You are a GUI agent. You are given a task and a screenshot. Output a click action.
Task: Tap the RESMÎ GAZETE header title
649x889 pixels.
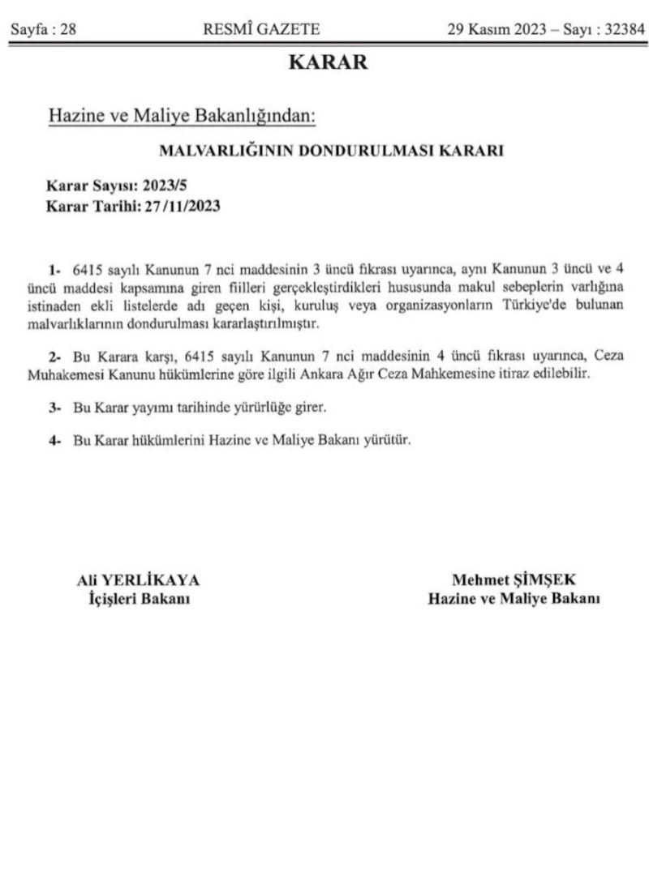[x=261, y=30]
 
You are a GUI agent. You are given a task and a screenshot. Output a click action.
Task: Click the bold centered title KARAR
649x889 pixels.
[x=328, y=62]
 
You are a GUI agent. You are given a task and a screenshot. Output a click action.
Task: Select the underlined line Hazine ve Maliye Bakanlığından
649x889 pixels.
[x=182, y=116]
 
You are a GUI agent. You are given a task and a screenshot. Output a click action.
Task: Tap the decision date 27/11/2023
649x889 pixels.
[x=183, y=205]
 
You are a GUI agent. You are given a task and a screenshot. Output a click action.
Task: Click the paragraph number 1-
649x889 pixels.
[x=54, y=267]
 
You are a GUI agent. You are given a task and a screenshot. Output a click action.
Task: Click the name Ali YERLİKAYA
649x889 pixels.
[x=138, y=579]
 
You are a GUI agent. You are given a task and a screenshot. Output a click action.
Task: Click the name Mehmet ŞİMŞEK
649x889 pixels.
[x=514, y=579]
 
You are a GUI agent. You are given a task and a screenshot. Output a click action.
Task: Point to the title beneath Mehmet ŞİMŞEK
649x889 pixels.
[x=514, y=599]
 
